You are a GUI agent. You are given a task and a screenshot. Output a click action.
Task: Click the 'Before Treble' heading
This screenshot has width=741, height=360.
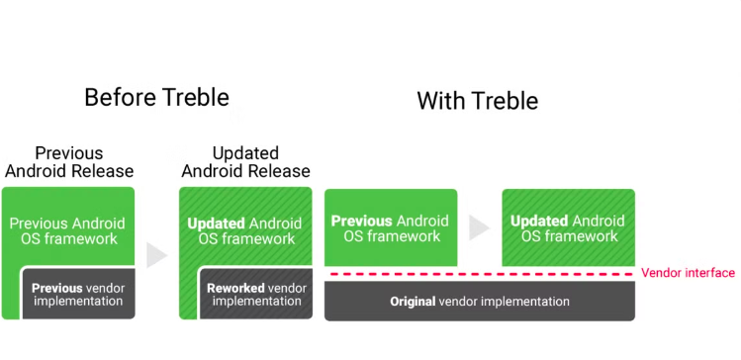point(156,97)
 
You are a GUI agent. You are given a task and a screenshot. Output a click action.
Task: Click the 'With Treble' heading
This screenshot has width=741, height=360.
point(477,101)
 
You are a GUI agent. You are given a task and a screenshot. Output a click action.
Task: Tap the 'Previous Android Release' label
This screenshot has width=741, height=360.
point(69,162)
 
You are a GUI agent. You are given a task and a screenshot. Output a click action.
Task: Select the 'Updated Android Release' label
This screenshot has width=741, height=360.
point(245,162)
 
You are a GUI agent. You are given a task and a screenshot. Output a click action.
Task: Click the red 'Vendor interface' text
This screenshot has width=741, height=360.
point(688,273)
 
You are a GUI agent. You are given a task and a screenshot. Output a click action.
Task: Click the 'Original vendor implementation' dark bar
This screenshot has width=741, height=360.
point(480,301)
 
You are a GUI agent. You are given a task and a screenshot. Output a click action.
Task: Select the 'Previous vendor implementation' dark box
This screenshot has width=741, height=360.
point(77,295)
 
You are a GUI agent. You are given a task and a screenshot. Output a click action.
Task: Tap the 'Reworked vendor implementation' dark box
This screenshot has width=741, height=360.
point(256,295)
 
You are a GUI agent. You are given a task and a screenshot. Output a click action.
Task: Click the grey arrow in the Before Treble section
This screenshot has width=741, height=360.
point(156,255)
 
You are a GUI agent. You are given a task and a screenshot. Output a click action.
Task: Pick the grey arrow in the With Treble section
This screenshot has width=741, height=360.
point(479,228)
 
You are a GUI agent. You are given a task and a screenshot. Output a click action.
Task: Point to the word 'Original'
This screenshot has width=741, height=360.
point(413,302)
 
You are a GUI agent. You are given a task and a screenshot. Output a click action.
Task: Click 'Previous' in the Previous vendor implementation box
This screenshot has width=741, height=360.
point(57,288)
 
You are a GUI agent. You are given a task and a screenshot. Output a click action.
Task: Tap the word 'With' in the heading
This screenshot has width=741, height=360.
point(439,101)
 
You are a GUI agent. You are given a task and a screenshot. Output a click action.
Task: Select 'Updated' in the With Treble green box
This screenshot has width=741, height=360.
point(539,222)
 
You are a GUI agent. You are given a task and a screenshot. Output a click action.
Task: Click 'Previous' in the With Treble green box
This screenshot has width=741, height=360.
point(362,222)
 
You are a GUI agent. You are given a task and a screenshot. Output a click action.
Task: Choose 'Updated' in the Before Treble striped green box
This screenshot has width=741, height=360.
point(217,224)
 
